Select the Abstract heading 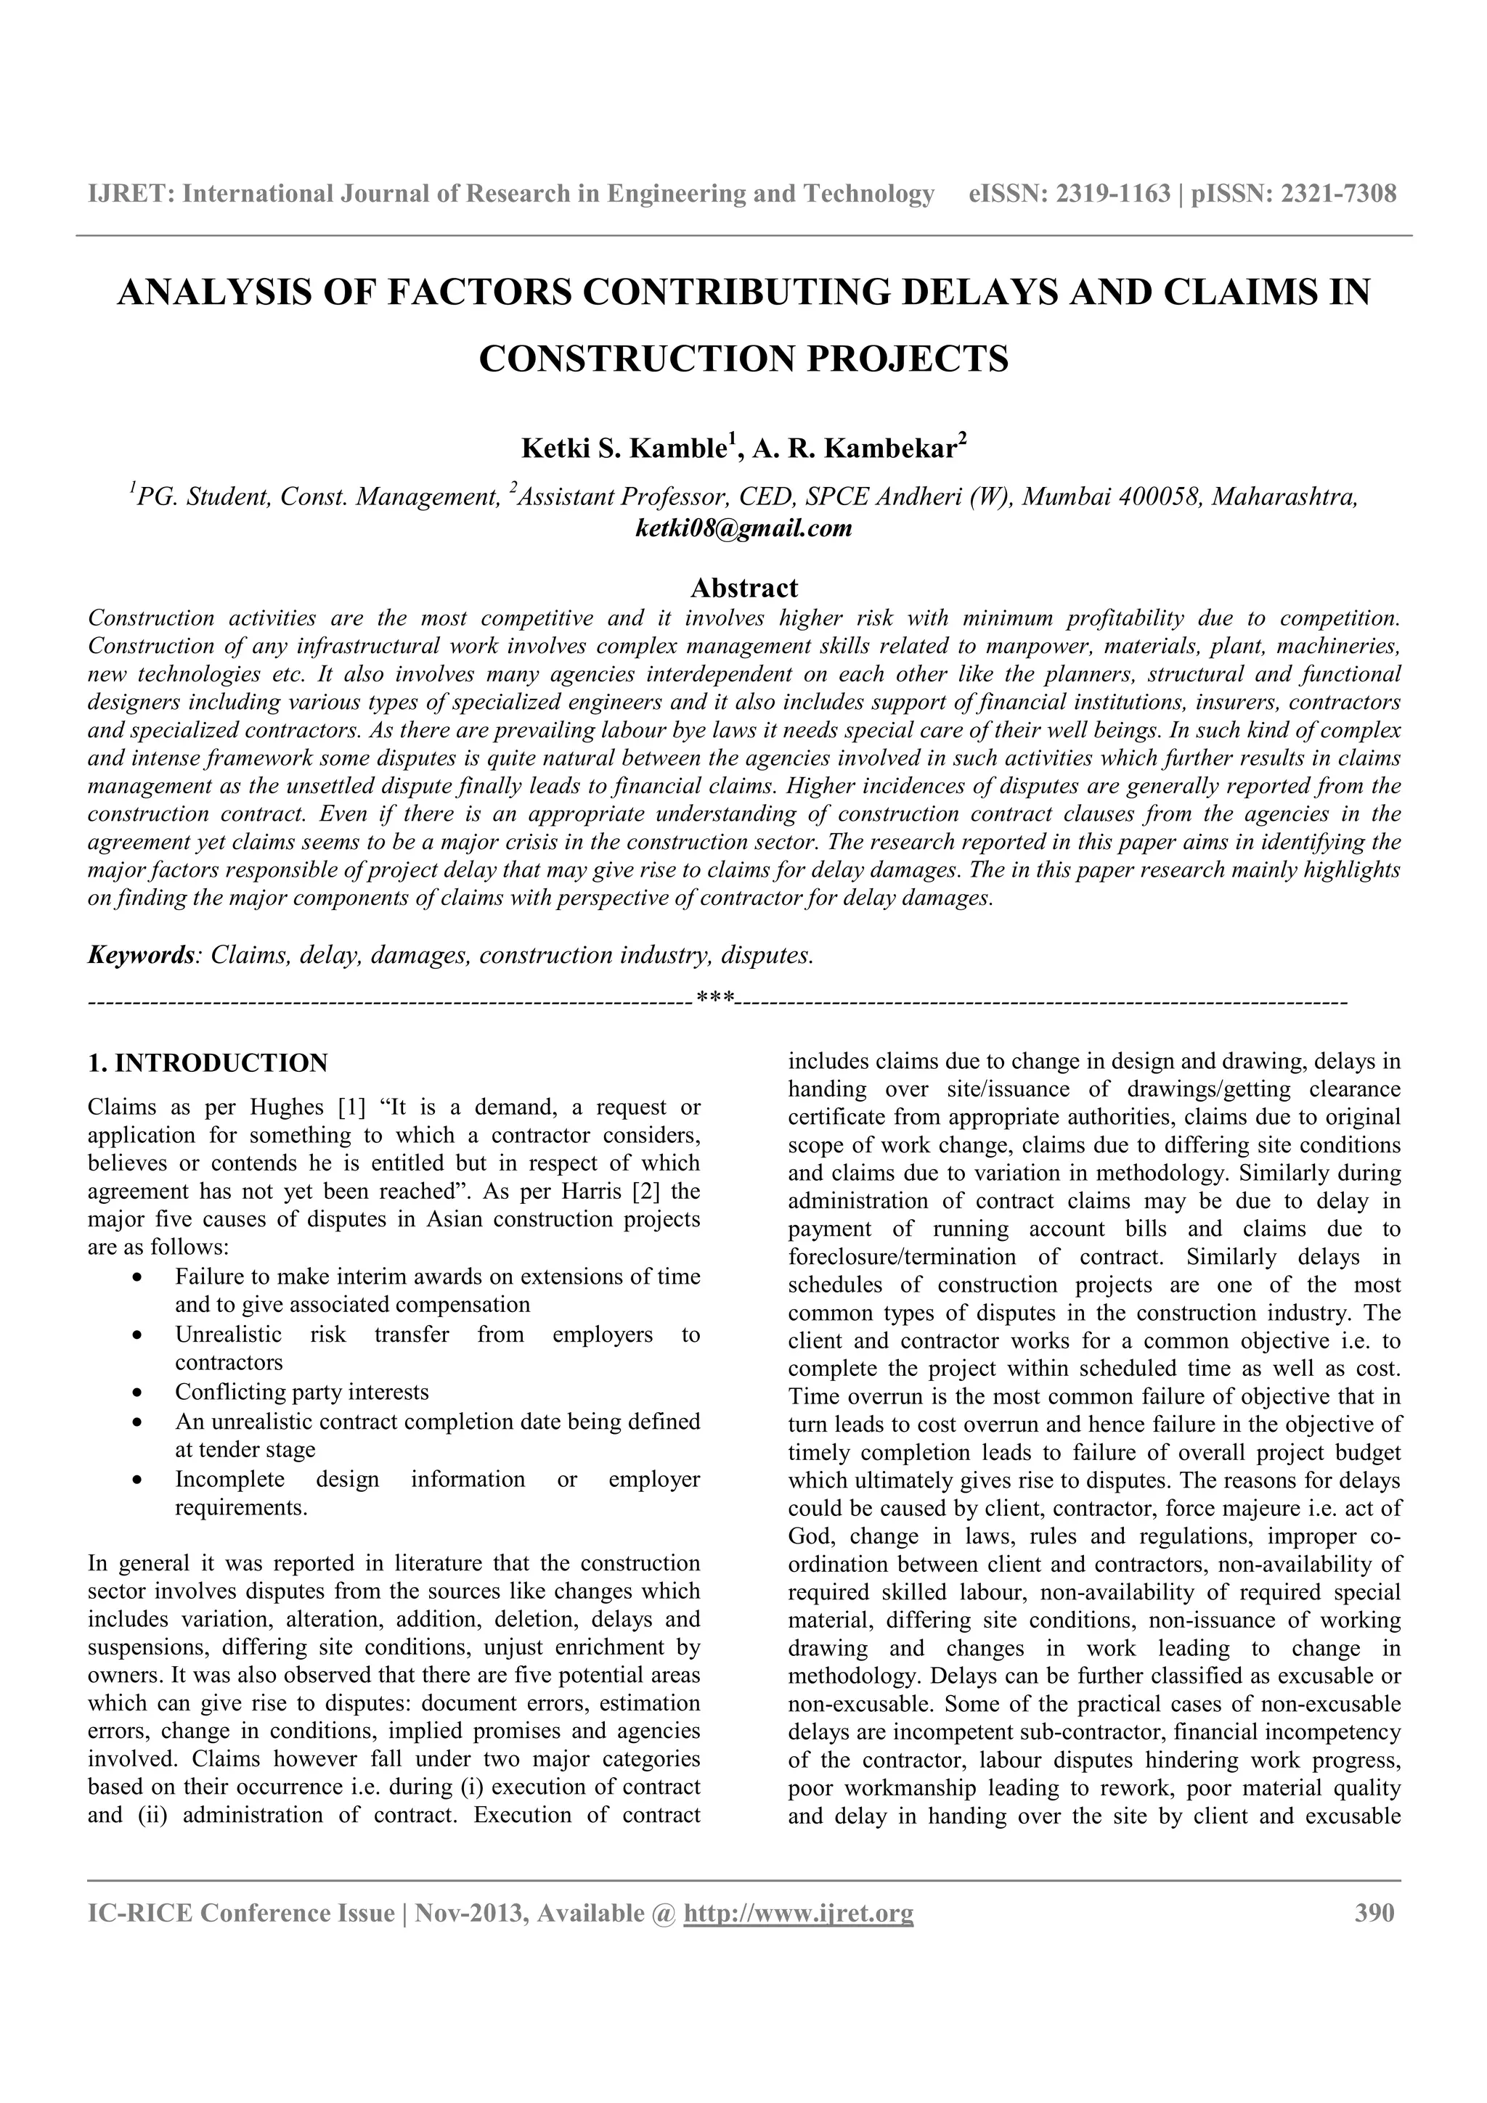[x=744, y=587]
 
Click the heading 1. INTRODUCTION [x=207, y=1063]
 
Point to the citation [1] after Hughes [x=353, y=1107]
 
